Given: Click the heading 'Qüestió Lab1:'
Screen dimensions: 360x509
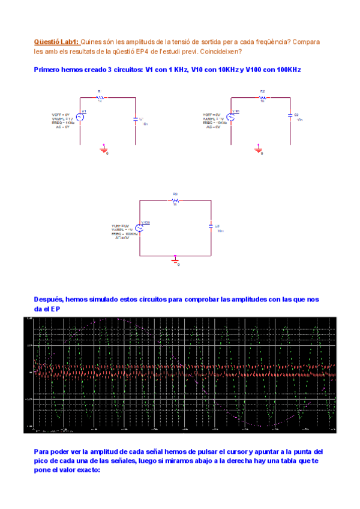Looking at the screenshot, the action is coord(56,42).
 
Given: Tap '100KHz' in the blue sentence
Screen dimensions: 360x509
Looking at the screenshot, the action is coord(289,70).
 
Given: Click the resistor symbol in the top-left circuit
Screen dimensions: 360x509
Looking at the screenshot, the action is coord(100,97).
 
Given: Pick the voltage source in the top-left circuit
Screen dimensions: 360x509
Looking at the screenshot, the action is coord(78,117).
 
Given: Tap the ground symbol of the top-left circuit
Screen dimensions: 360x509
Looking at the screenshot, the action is coord(103,148).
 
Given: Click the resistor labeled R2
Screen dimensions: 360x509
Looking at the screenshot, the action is coord(262,97).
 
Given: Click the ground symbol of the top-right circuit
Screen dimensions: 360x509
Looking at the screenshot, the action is coord(258,148).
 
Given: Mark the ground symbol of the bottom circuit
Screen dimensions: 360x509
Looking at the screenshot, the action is coord(175,259).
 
